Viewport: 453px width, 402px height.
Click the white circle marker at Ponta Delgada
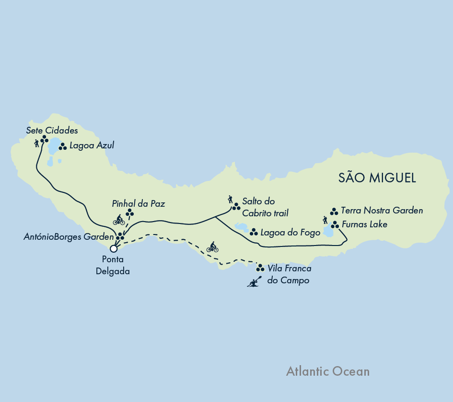click(114, 248)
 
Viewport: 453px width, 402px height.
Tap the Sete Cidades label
click(52, 130)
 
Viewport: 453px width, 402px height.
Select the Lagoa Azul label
click(92, 145)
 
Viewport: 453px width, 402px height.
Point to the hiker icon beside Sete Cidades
click(36, 143)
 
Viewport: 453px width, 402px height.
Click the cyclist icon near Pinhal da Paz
click(119, 220)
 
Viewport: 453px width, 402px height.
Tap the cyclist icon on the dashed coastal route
click(212, 247)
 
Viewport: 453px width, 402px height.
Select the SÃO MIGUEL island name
click(377, 178)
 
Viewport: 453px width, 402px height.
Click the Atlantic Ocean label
click(327, 371)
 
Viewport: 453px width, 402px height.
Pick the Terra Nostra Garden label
click(382, 211)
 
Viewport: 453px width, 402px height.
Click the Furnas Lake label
click(365, 224)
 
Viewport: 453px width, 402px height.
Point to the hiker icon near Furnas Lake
click(326, 220)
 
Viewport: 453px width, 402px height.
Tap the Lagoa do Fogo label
click(290, 233)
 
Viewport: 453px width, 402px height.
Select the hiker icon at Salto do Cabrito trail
click(230, 199)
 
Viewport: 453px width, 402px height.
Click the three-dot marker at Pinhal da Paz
click(130, 212)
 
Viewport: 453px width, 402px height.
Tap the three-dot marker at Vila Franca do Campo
click(260, 268)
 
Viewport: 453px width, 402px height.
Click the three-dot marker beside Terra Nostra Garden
click(334, 211)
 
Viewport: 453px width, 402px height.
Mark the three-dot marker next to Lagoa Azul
click(62, 146)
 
